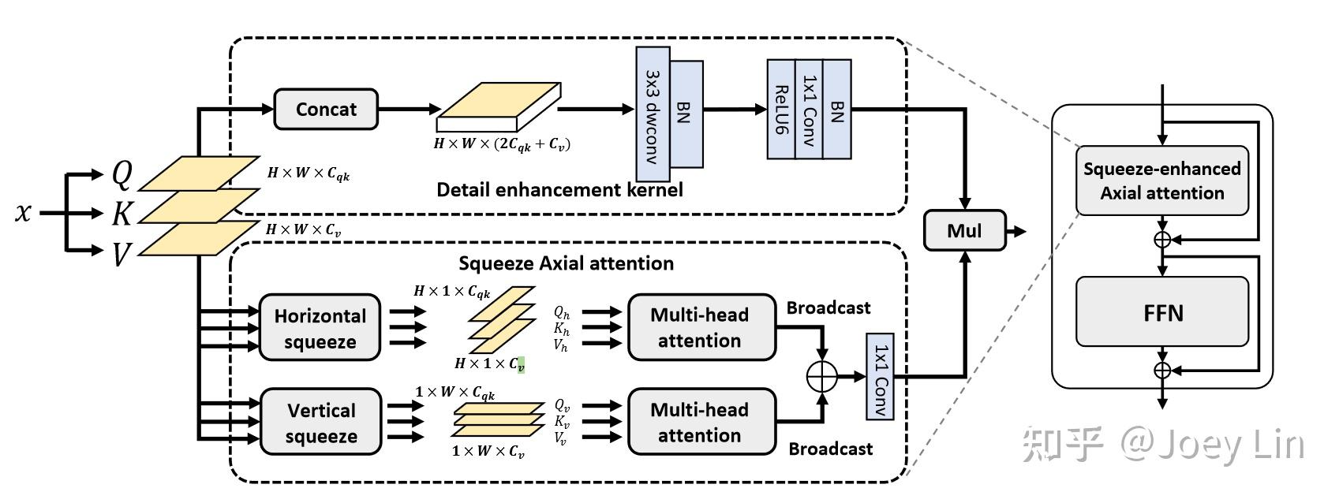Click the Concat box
tap(326, 110)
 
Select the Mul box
tap(964, 230)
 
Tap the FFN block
tap(1162, 312)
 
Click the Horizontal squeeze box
tap(320, 328)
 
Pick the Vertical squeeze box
tap(320, 423)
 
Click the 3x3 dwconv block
tap(653, 114)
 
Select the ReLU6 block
tap(781, 110)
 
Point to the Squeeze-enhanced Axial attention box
tap(1161, 181)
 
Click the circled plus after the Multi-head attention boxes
tap(822, 376)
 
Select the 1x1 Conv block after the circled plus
tap(881, 376)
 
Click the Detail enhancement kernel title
tap(559, 190)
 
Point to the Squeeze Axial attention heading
tap(566, 263)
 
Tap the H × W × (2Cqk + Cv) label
tap(502, 144)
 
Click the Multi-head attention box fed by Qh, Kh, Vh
tap(700, 328)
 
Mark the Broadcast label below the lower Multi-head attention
tap(830, 449)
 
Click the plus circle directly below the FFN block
tap(1162, 370)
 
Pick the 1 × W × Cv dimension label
tap(488, 452)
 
